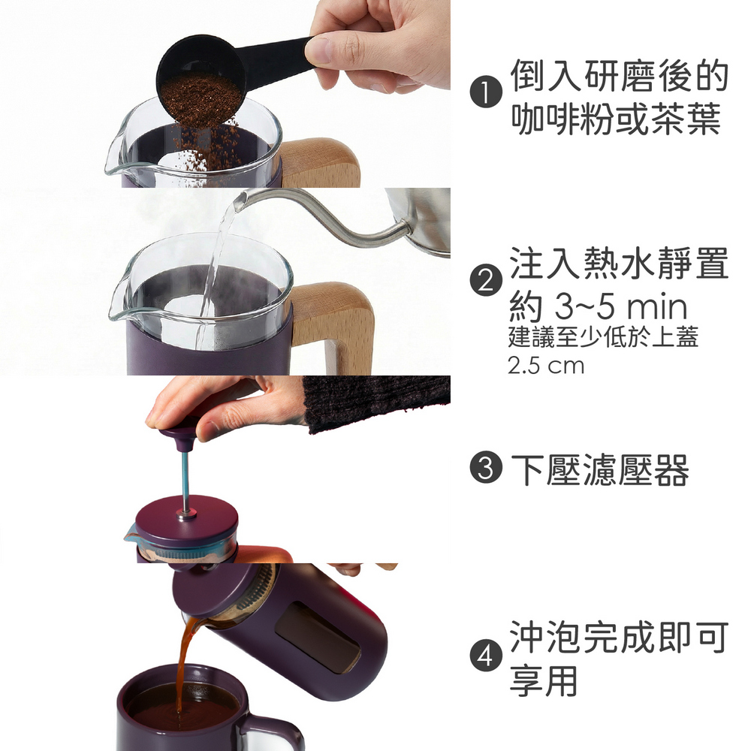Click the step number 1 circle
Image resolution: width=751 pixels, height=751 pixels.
pyautogui.click(x=486, y=93)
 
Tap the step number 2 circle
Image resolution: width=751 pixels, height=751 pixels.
pyautogui.click(x=486, y=280)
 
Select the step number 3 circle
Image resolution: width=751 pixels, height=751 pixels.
pyautogui.click(x=486, y=468)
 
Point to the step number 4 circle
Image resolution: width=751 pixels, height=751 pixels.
pyautogui.click(x=486, y=655)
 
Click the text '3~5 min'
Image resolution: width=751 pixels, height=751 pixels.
pyautogui.click(x=621, y=307)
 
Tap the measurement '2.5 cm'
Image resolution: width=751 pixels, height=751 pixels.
pyautogui.click(x=546, y=366)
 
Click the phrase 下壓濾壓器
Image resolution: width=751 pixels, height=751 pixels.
pyautogui.click(x=599, y=469)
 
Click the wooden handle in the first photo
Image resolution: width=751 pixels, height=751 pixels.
pyautogui.click(x=320, y=163)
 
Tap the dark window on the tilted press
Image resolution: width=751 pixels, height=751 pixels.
pyautogui.click(x=318, y=637)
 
